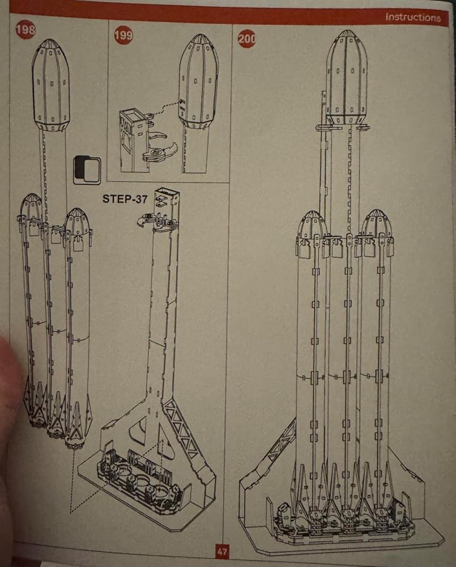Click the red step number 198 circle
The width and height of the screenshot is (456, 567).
tap(25, 29)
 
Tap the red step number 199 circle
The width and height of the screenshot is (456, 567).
tap(123, 35)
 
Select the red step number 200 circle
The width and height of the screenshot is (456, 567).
tap(246, 39)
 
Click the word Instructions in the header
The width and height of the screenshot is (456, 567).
tap(412, 17)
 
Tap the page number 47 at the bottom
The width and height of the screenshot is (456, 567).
tap(222, 551)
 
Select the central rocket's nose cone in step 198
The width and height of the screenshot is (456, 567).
tap(51, 85)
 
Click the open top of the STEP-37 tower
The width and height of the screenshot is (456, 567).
tap(167, 193)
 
